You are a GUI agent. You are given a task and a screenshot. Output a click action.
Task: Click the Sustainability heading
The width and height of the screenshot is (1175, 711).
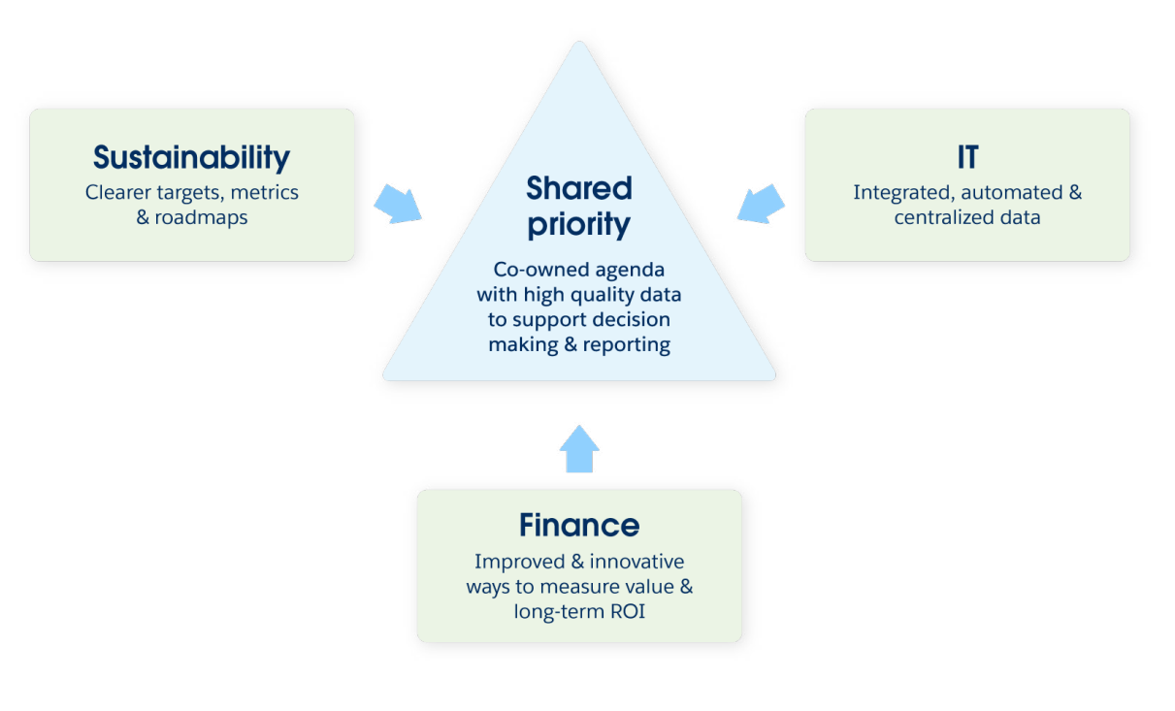click(191, 158)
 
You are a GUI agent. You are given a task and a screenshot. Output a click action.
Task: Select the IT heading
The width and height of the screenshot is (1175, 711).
click(966, 158)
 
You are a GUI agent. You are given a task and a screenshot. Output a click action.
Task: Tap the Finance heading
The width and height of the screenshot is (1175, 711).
click(579, 526)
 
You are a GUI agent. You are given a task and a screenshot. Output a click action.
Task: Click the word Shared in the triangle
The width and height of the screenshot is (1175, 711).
click(579, 188)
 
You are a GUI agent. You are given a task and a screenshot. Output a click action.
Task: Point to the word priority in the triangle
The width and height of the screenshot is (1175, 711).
click(579, 225)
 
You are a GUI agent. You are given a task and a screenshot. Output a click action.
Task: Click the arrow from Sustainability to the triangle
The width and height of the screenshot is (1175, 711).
click(397, 205)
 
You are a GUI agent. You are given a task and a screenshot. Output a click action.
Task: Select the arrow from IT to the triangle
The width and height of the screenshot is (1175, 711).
click(761, 204)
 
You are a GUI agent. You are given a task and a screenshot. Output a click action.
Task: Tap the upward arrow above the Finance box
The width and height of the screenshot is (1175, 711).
click(579, 448)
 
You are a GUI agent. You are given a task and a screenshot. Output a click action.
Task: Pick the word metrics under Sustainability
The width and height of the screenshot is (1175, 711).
click(265, 192)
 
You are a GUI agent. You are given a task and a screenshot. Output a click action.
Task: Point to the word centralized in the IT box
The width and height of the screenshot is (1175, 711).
click(939, 217)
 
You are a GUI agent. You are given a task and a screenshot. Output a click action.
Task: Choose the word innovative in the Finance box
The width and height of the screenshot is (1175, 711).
click(636, 562)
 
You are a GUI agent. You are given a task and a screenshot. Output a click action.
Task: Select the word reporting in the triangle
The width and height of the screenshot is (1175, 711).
click(626, 344)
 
